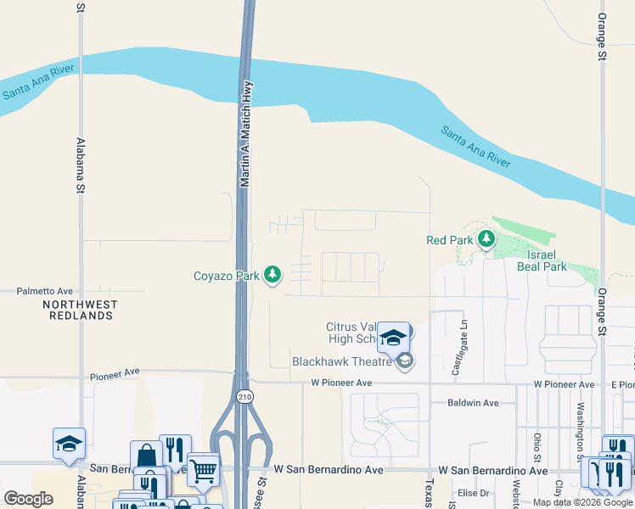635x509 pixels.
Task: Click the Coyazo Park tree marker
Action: click(x=273, y=275)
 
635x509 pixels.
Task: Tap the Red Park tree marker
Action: click(x=486, y=240)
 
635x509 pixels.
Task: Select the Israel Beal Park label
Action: click(x=542, y=260)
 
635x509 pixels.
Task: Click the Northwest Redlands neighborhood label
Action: click(x=80, y=310)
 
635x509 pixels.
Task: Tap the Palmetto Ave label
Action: click(x=45, y=291)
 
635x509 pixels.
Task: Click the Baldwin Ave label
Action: click(x=473, y=403)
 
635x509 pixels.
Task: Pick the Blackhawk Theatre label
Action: click(x=342, y=361)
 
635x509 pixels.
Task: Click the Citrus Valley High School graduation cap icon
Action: click(x=393, y=337)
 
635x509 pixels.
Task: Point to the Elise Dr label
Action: click(x=473, y=493)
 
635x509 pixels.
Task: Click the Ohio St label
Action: click(x=537, y=445)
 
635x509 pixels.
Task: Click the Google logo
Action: click(x=29, y=499)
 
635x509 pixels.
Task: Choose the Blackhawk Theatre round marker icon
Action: click(x=405, y=361)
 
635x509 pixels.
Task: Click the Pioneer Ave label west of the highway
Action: click(x=115, y=372)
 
